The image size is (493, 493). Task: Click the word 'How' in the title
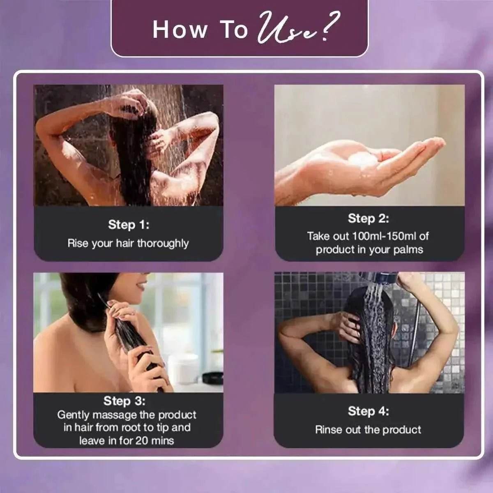(x=180, y=30)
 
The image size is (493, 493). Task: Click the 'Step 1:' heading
(x=129, y=225)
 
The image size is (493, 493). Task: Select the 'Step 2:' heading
(x=369, y=219)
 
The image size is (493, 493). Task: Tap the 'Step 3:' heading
(x=124, y=401)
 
